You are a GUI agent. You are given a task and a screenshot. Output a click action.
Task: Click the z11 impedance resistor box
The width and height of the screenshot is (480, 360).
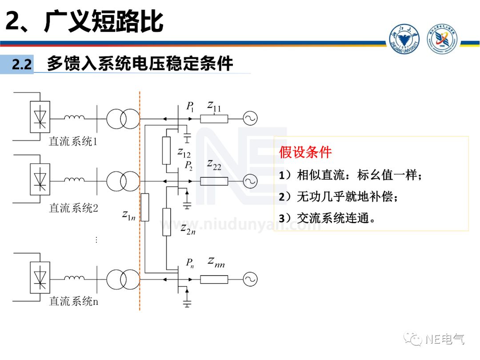click(214, 119)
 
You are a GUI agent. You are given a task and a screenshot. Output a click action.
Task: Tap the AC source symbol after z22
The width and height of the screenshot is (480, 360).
click(250, 181)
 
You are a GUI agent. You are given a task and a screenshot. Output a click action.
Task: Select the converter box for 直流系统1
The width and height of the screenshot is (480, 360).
click(40, 117)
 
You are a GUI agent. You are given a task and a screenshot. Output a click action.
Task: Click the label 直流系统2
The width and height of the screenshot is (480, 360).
click(73, 208)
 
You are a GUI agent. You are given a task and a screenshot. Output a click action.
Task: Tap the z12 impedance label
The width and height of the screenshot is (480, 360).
click(184, 153)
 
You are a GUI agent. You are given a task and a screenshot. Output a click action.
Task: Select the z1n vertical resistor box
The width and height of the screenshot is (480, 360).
click(145, 208)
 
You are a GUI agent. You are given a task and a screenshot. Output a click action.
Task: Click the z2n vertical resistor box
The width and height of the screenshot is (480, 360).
click(166, 221)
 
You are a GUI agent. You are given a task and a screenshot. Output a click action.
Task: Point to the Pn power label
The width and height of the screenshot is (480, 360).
click(190, 263)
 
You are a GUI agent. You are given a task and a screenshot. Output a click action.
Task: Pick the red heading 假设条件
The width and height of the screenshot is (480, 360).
click(305, 152)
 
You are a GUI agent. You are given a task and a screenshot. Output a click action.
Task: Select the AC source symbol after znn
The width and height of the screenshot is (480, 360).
click(250, 279)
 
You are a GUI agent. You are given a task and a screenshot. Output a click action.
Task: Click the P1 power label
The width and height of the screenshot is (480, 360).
click(190, 106)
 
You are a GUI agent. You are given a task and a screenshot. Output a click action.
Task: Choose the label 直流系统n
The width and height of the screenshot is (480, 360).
click(73, 301)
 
